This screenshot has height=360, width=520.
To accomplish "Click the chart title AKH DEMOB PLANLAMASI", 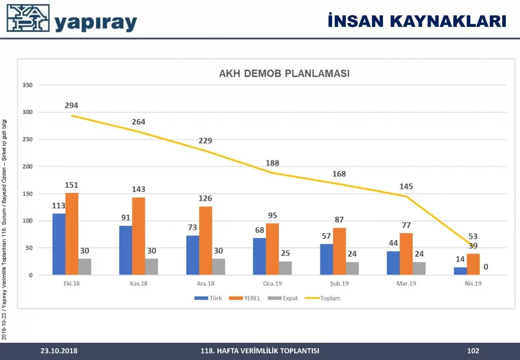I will tap(284, 74).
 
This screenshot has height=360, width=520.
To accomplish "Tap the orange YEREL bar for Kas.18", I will tap(139, 237).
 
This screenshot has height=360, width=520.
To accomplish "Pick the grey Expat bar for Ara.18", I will tap(218, 267).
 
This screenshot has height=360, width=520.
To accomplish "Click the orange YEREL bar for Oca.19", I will tap(272, 249).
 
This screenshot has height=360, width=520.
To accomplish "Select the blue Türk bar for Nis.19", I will tap(460, 271).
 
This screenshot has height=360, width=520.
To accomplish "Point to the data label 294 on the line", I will tap(72, 106).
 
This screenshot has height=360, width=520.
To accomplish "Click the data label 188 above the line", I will tap(272, 163).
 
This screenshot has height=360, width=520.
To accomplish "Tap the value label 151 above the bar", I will tap(72, 185).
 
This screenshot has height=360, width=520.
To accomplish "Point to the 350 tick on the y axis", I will tap(27, 85).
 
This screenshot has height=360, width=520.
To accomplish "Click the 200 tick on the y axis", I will tap(27, 167).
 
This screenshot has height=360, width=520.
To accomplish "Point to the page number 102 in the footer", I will tap(473, 350).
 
